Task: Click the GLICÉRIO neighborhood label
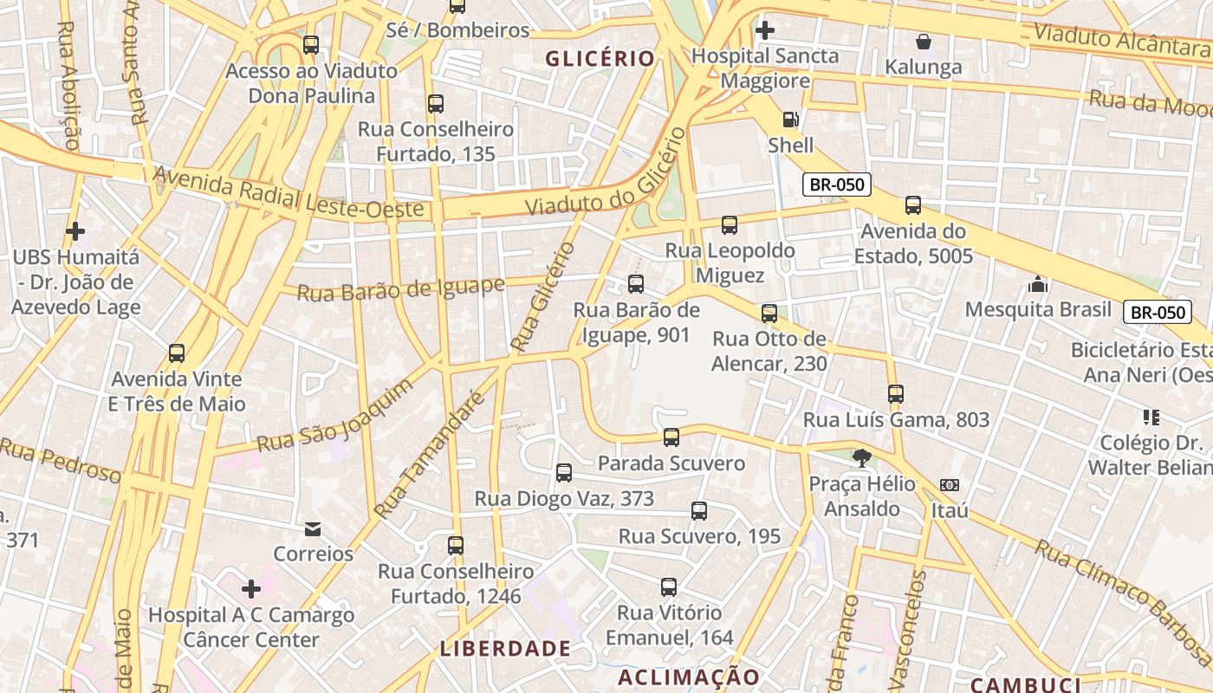click(x=600, y=59)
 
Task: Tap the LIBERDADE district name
click(x=505, y=649)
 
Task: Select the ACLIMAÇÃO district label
click(x=689, y=677)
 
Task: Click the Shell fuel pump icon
click(x=790, y=120)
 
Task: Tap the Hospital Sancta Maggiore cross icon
click(x=764, y=30)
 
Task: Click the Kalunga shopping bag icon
click(x=924, y=42)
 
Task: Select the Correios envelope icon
click(x=313, y=528)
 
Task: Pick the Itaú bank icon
click(x=950, y=485)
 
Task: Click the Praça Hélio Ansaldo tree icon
click(x=861, y=458)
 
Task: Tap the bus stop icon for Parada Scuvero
click(x=671, y=437)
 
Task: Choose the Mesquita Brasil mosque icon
click(x=1038, y=284)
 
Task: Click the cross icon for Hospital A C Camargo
click(x=251, y=590)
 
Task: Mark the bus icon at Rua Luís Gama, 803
click(x=896, y=394)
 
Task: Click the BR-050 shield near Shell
click(x=836, y=185)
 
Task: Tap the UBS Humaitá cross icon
click(x=75, y=231)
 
